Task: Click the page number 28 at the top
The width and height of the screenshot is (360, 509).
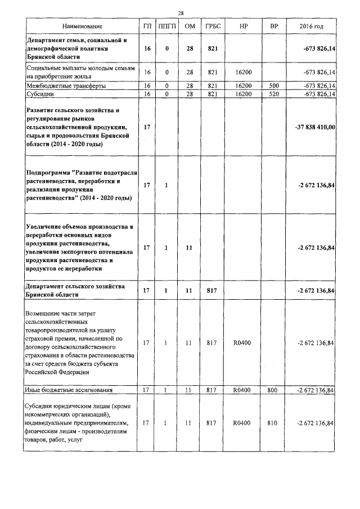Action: pyautogui.click(x=181, y=13)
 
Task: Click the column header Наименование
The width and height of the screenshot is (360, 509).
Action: pyautogui.click(x=83, y=27)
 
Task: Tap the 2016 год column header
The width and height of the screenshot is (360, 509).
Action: pyautogui.click(x=312, y=27)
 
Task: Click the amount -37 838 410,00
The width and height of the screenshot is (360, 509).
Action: pyautogui.click(x=315, y=127)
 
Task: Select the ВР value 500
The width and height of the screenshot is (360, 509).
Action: pyautogui.click(x=274, y=85)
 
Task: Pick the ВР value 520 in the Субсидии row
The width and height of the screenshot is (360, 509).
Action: pyautogui.click(x=274, y=94)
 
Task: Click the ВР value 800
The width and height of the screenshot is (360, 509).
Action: pyautogui.click(x=274, y=389)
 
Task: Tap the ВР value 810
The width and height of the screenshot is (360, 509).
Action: pyautogui.click(x=274, y=422)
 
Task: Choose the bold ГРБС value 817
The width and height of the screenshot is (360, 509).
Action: pyautogui.click(x=212, y=290)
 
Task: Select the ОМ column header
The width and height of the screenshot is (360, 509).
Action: pyautogui.click(x=190, y=27)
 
